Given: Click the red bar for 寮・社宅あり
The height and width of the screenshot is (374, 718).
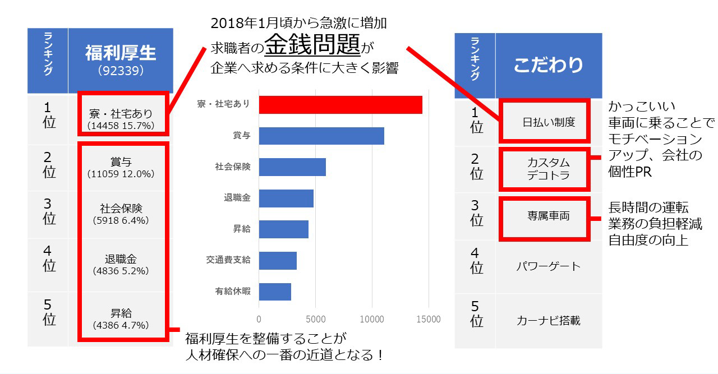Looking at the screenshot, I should [x=340, y=105].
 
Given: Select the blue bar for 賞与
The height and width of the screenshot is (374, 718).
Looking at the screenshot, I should [x=321, y=136].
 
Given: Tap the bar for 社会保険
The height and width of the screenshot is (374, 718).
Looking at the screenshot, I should [x=292, y=167].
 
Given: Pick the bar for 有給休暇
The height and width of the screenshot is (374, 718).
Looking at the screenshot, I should [x=275, y=292].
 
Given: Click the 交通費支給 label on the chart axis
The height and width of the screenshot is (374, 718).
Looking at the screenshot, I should [x=228, y=260].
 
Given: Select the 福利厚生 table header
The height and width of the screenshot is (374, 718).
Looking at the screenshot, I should [x=121, y=53].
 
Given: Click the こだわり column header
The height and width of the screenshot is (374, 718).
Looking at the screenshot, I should [x=548, y=64].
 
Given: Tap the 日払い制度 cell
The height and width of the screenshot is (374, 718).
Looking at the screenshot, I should [x=545, y=121].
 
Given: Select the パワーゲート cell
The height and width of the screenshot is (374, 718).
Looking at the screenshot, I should [x=548, y=265].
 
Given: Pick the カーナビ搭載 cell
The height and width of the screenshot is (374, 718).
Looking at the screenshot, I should [x=548, y=321].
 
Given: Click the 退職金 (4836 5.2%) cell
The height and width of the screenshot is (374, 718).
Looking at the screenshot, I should [x=121, y=265].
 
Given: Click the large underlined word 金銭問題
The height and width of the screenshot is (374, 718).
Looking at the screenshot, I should [x=312, y=45].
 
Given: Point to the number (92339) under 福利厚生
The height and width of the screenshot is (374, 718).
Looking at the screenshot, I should [x=121, y=72].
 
